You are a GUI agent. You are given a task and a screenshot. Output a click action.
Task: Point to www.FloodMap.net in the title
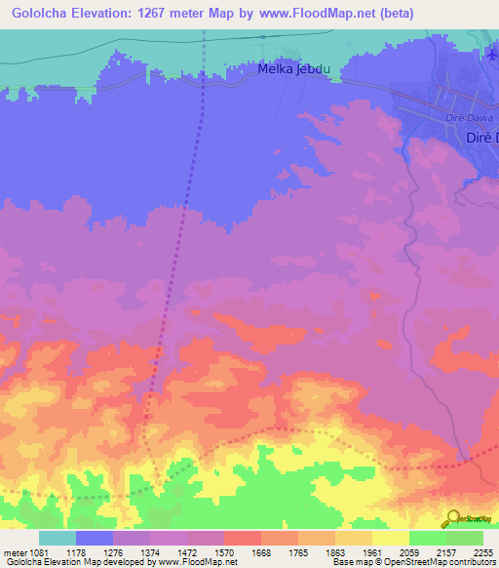point(318,14)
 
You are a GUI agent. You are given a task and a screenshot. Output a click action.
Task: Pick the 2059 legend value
point(409,552)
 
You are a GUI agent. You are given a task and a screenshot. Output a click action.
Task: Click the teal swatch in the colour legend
point(58,538)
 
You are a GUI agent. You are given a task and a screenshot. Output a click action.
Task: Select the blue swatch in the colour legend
point(95,538)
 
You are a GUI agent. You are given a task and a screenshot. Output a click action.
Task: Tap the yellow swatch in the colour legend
point(390,538)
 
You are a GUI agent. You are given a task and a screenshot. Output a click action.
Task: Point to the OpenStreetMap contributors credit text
point(447,563)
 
